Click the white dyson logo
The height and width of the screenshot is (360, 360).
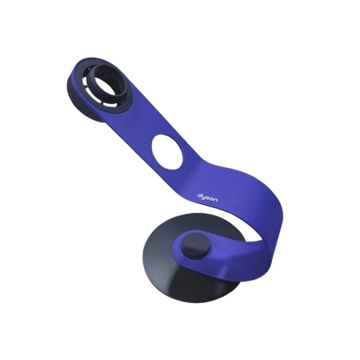(x=208, y=198)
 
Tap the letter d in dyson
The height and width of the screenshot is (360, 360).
(x=199, y=195)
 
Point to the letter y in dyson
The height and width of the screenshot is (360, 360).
(x=204, y=198)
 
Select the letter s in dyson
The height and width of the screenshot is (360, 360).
(x=208, y=198)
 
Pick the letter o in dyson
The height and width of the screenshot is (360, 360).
(x=211, y=199)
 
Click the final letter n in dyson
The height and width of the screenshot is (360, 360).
(x=216, y=200)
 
